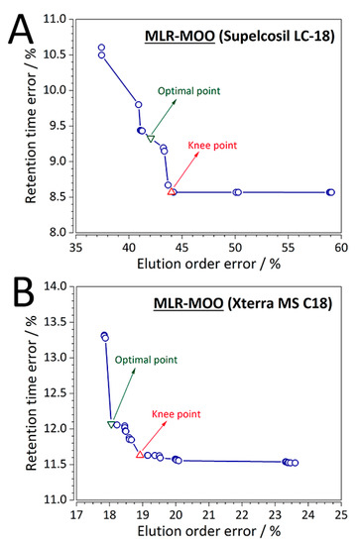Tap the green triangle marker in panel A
151,138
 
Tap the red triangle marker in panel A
172,191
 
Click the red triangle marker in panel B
140,454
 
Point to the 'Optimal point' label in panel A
186,91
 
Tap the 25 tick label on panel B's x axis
339,514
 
